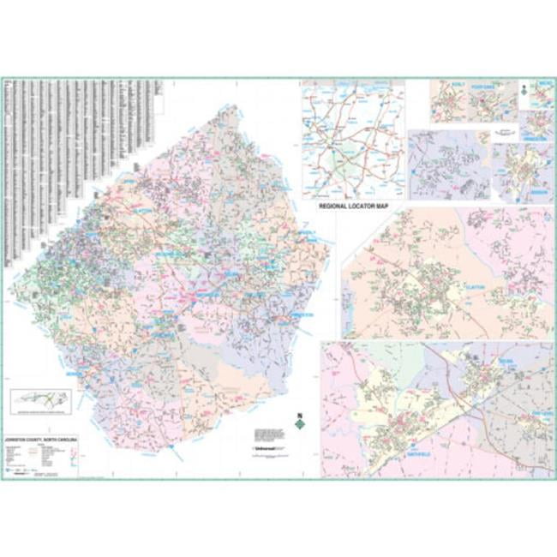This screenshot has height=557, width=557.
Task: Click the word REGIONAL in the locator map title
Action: (333, 207)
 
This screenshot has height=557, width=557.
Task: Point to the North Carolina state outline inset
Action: (39, 401)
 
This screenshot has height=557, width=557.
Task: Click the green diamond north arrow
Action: (299, 422)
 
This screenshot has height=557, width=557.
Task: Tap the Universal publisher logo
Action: (267, 447)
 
